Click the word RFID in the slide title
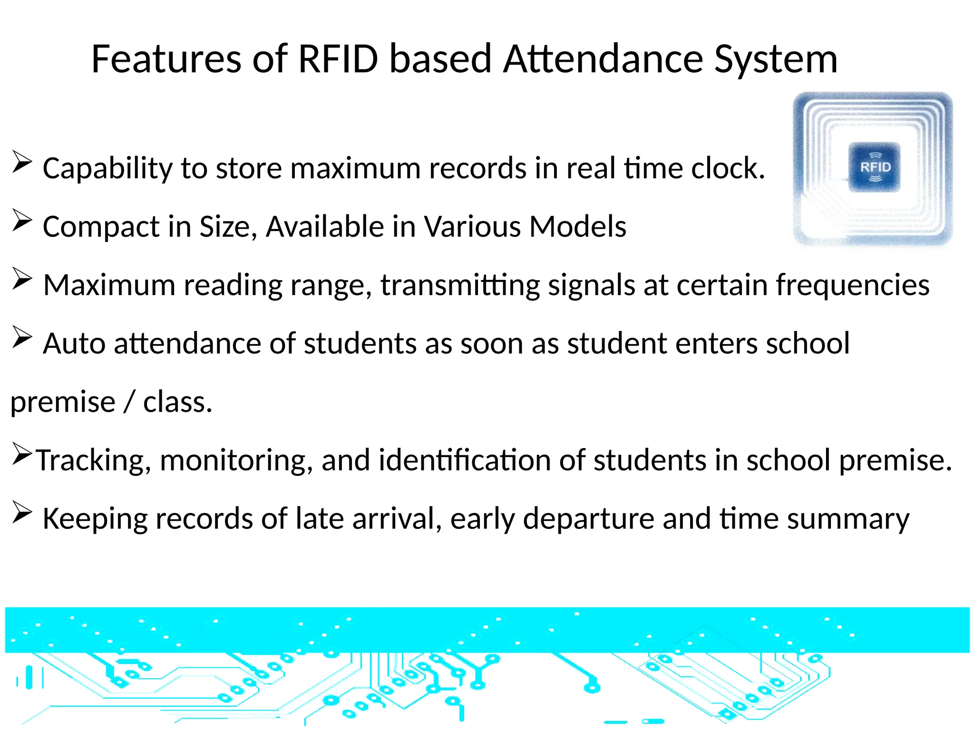pyautogui.click(x=338, y=59)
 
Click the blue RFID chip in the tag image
pyautogui.click(x=875, y=167)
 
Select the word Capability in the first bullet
pyautogui.click(x=107, y=169)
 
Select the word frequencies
pyautogui.click(x=852, y=286)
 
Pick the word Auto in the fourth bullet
pyautogui.click(x=74, y=343)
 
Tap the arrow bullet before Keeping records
pyautogui.click(x=22, y=512)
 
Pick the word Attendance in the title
pyautogui.click(x=603, y=59)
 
